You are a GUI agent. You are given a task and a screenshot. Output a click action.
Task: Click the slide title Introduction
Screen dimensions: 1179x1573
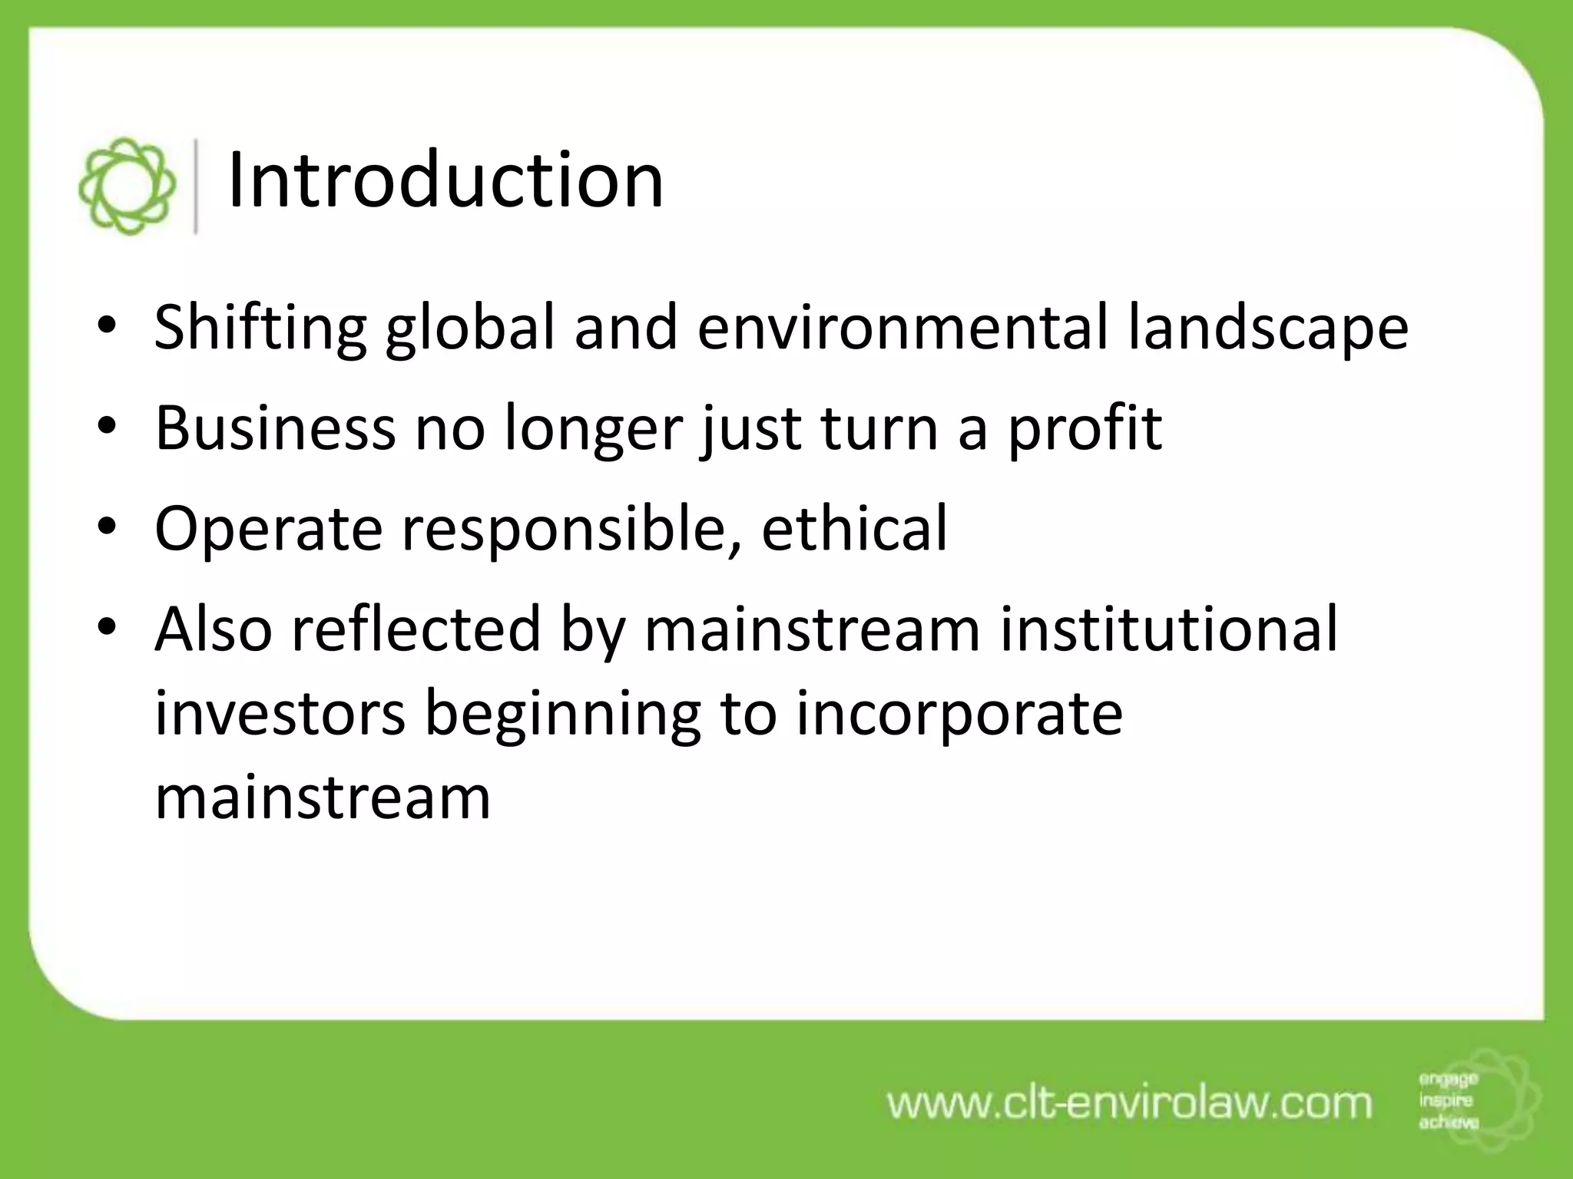point(445,181)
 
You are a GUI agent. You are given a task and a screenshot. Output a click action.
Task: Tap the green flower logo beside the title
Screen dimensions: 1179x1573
point(127,186)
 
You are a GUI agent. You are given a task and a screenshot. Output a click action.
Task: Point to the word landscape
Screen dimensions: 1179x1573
point(1267,329)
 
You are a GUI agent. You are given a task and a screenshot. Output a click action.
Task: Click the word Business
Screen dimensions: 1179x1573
point(275,428)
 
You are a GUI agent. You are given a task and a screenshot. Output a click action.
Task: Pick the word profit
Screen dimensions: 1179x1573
point(1084,428)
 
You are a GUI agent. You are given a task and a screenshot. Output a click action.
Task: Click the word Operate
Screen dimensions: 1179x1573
point(268,529)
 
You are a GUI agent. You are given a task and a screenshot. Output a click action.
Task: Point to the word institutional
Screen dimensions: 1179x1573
point(1168,629)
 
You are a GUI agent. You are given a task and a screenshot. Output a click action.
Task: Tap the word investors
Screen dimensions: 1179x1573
point(280,714)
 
